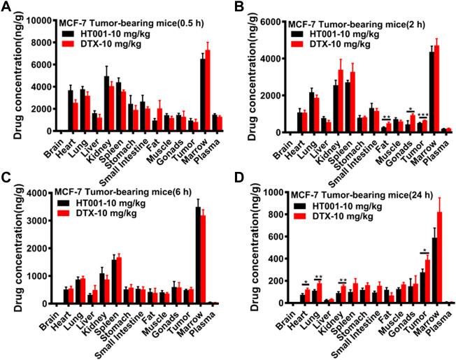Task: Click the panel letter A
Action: [6, 7]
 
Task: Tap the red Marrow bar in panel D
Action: [439, 257]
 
